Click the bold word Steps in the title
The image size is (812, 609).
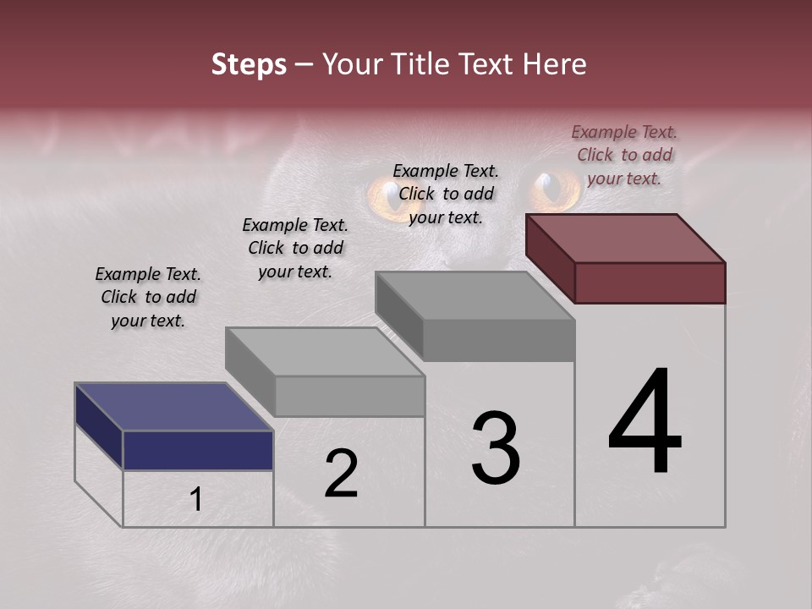[249, 64]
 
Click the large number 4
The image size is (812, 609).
[645, 423]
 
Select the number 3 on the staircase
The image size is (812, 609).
[496, 448]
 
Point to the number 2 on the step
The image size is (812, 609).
[342, 474]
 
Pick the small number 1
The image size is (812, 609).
[196, 500]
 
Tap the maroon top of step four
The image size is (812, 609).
[626, 238]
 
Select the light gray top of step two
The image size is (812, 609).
[325, 351]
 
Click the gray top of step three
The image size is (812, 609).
[475, 296]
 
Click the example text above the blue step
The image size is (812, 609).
[148, 297]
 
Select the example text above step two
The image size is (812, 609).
[295, 248]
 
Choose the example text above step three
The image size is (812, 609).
[446, 194]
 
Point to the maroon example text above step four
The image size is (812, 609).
[624, 155]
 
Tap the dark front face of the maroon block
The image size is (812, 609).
[650, 283]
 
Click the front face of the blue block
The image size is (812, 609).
[198, 450]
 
